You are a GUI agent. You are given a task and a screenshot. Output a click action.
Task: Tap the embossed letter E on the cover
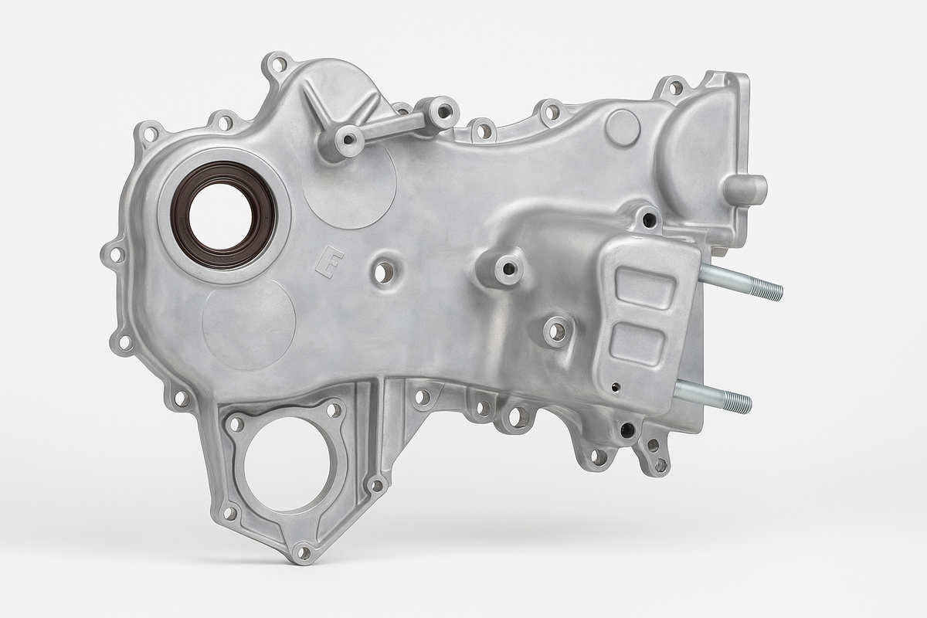330,262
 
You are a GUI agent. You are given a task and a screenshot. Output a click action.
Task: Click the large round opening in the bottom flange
287,463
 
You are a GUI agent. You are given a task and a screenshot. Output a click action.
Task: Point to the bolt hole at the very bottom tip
303,552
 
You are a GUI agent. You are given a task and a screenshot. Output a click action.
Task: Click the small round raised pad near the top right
623,128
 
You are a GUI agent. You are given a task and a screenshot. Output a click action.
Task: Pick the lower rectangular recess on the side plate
637,345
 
